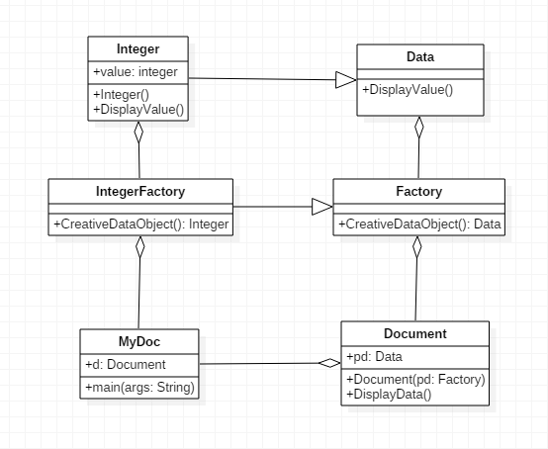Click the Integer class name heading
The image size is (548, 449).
pos(138,48)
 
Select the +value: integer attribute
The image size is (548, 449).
pos(136,72)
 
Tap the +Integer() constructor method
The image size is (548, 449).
pos(122,95)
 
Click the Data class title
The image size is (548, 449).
pos(420,57)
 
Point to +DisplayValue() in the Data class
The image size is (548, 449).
pos(408,90)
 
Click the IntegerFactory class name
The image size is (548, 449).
pos(140,192)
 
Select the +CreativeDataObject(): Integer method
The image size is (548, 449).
pos(141,224)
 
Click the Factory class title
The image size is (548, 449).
pos(419,192)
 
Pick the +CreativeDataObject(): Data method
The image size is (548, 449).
pos(419,224)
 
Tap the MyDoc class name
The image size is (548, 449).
pos(139,342)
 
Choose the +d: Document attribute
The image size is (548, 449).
pos(126,364)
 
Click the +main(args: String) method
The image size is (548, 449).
pos(139,387)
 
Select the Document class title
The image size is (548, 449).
pos(415,333)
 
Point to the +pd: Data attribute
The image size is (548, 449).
pos(374,357)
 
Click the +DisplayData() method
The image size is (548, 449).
pos(389,395)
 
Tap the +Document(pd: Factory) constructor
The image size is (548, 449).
pos(415,380)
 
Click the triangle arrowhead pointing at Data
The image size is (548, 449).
pos(346,80)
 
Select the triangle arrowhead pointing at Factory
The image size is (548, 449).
pos(322,207)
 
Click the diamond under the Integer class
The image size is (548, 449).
pos(138,132)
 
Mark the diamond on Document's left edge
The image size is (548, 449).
pos(329,363)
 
